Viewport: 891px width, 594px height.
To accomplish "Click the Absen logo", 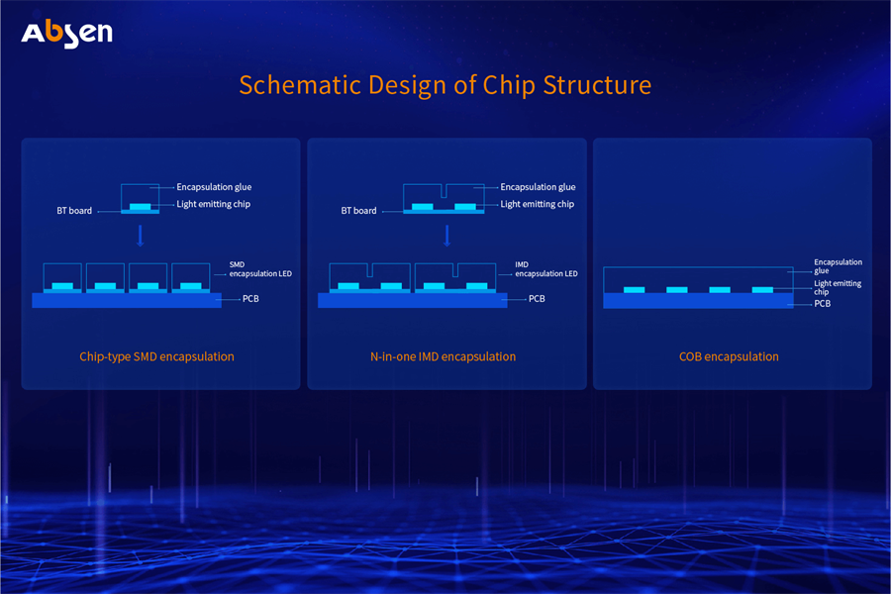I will [x=66, y=32].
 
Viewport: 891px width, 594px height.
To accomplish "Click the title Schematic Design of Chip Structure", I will [x=445, y=84].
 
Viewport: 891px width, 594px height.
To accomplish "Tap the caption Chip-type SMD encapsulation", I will [x=156, y=356].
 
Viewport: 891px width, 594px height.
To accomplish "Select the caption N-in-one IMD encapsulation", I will [x=436, y=356].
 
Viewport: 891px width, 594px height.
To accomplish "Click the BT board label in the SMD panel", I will [x=74, y=211].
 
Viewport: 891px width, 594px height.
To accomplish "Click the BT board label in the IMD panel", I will [x=358, y=211].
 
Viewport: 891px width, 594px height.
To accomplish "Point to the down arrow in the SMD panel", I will [x=140, y=236].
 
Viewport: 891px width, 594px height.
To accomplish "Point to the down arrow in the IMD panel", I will [x=447, y=236].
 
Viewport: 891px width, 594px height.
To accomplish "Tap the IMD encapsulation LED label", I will [x=545, y=268].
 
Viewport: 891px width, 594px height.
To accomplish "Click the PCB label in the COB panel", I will [x=822, y=304].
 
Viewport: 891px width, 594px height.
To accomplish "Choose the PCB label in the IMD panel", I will [x=537, y=298].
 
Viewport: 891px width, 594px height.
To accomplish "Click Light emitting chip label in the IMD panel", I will [x=537, y=204].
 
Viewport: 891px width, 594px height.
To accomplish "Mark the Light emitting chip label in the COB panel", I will [x=837, y=288].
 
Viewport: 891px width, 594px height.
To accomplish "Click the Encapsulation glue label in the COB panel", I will [x=838, y=266].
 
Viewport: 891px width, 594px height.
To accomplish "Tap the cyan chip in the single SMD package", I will [x=140, y=207].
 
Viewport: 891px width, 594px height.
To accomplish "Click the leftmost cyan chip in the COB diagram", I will [x=634, y=290].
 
